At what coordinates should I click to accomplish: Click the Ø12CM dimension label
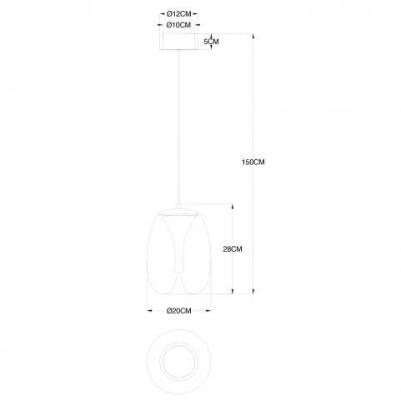pyautogui.click(x=178, y=13)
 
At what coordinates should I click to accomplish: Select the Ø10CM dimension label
pyautogui.click(x=178, y=25)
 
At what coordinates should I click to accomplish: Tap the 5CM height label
pyautogui.click(x=211, y=42)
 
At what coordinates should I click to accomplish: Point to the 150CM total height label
pyautogui.click(x=253, y=162)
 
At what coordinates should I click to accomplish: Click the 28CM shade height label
pyautogui.click(x=233, y=249)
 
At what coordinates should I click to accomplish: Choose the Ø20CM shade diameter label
pyautogui.click(x=178, y=311)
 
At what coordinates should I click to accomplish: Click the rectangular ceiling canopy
pyautogui.click(x=178, y=42)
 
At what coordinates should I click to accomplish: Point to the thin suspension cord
pyautogui.click(x=178, y=127)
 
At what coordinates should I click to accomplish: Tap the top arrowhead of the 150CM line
pyautogui.click(x=253, y=37)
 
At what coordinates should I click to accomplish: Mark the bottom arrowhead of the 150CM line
pyautogui.click(x=253, y=291)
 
